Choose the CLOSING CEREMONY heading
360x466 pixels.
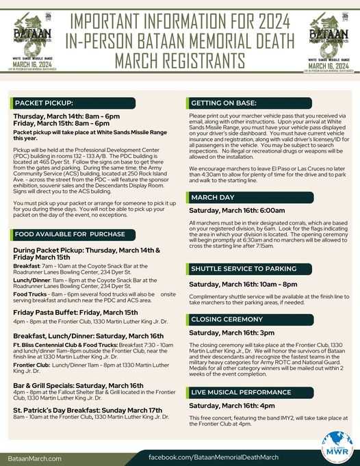pyautogui.click(x=225, y=319)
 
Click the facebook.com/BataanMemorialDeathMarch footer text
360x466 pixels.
pyautogui.click(x=214, y=456)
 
